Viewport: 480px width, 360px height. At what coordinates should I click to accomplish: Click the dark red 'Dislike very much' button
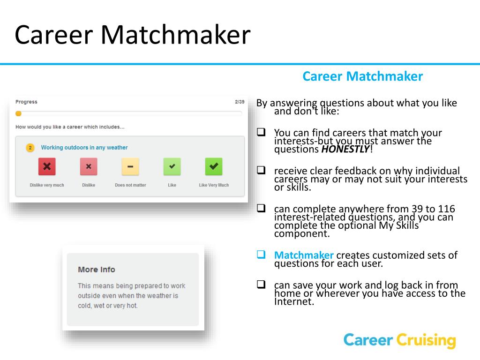click(47, 166)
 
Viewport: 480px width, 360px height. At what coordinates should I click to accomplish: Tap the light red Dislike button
click(89, 166)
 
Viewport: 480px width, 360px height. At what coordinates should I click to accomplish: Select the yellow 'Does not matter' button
click(130, 166)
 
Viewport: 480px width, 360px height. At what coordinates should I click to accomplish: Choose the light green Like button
click(172, 166)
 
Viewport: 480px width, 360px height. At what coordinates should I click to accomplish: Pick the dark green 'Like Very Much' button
click(214, 166)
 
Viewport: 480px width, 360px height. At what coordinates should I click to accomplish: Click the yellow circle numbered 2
click(30, 148)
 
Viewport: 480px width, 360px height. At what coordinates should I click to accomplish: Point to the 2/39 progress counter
click(240, 102)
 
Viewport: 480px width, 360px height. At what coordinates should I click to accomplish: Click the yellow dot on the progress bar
click(18, 113)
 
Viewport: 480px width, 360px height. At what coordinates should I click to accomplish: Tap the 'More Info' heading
click(97, 270)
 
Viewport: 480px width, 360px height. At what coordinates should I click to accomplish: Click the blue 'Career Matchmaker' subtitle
click(362, 76)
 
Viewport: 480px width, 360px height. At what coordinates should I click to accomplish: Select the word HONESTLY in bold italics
click(345, 150)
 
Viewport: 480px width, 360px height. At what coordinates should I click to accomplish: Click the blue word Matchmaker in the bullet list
click(304, 255)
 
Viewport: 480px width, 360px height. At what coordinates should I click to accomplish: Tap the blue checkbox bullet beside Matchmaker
click(261, 255)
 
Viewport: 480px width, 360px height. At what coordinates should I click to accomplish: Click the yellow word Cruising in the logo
click(426, 340)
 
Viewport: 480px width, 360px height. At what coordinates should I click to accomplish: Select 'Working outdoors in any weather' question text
click(84, 148)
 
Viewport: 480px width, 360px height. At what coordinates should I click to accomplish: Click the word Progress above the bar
click(26, 102)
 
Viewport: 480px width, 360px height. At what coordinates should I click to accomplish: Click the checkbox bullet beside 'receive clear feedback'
click(261, 171)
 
